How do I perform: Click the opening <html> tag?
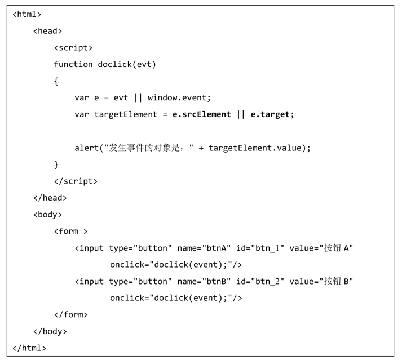[x=27, y=14]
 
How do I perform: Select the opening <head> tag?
[x=48, y=31]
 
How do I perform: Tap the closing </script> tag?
[x=76, y=181]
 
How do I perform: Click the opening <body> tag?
[x=48, y=215]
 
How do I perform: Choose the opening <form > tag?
[x=71, y=231]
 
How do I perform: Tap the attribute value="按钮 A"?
[x=321, y=248]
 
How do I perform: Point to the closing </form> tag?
[x=71, y=314]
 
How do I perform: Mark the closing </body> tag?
[x=50, y=331]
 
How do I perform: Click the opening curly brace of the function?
[x=56, y=81]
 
